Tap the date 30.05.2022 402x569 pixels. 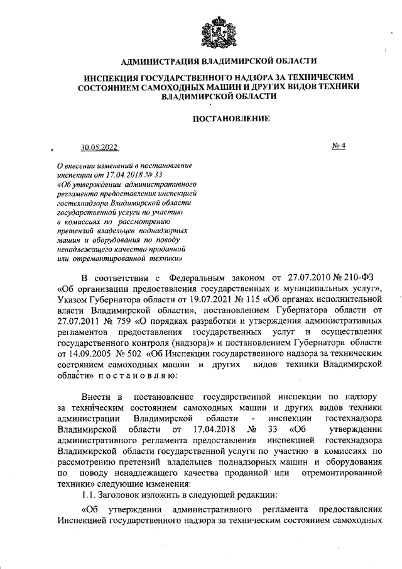(99, 148)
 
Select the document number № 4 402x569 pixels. (340, 146)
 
